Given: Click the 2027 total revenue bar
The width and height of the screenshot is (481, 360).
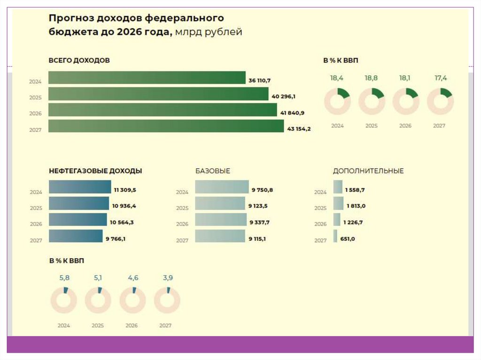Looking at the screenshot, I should pos(166,126).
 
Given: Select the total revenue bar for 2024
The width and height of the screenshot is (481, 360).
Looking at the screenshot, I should pos(147,78).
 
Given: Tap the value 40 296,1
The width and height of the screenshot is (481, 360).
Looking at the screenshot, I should pos(283,97).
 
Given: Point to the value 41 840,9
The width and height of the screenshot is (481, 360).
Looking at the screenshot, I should pos(292,113).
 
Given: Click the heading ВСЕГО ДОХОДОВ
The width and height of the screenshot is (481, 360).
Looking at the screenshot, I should pos(79,61).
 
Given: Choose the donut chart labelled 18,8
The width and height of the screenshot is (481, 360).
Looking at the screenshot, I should pos(372,101).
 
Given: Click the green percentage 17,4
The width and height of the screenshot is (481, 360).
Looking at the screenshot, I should pos(441,78).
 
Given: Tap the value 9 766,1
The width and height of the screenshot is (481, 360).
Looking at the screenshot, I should pos(116,239).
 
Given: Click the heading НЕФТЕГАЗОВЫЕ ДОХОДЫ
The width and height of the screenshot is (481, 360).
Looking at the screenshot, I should pos(95,171).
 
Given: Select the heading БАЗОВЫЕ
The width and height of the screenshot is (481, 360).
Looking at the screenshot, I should pos(213,171).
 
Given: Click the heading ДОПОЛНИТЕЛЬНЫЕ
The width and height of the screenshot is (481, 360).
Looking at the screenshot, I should pos(368,171).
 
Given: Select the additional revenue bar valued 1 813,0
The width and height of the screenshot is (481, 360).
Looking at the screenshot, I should pos(338,204).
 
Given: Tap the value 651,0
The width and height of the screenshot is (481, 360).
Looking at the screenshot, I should pos(348,239).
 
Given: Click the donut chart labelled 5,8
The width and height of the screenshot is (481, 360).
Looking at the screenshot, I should pos(63,300).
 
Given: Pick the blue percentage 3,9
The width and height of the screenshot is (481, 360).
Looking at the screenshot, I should pos(168,278).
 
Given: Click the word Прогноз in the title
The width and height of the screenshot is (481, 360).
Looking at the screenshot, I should pos(71,18).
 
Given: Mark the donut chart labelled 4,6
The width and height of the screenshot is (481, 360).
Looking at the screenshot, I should pos(133,300).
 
